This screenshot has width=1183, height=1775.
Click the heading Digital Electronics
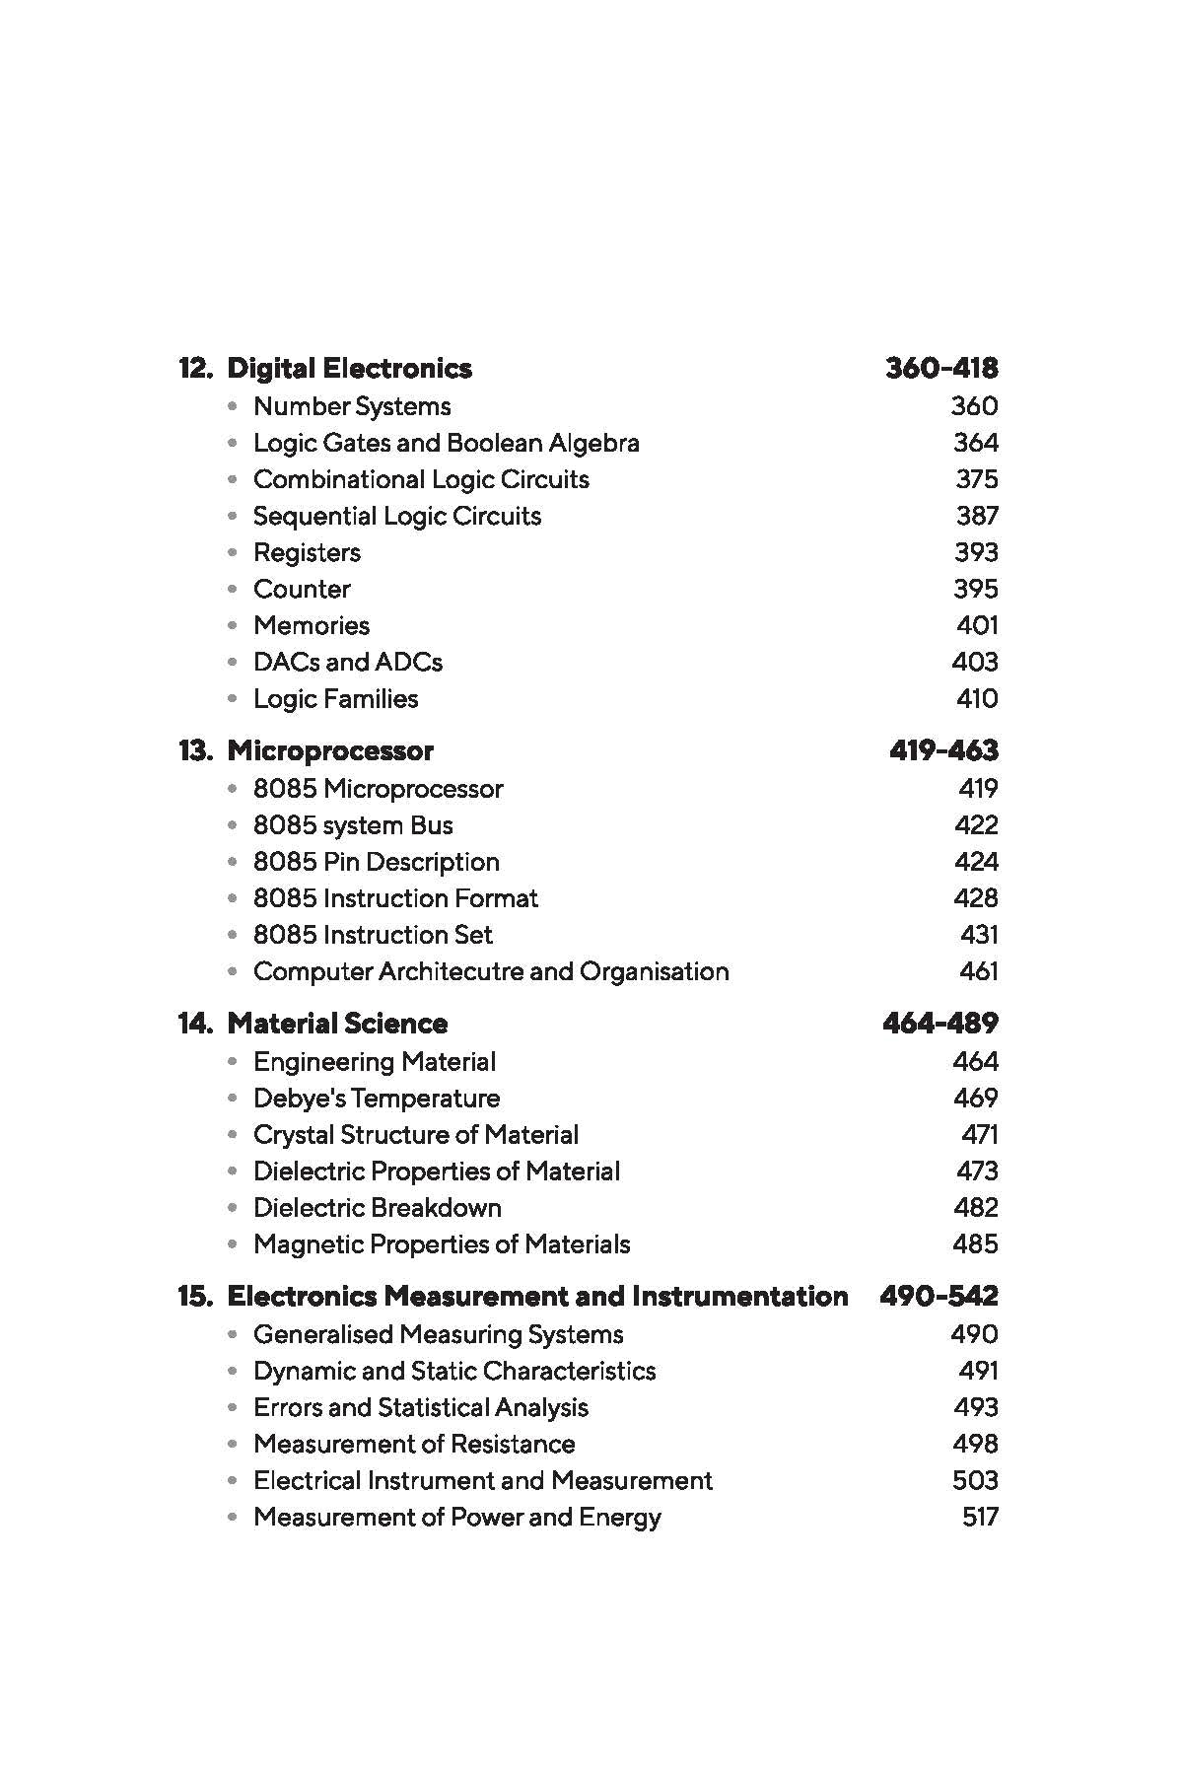click(349, 369)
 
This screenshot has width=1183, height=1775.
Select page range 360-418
click(941, 369)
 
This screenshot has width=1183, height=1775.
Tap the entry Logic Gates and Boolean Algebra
click(446, 443)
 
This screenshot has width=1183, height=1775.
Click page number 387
click(976, 516)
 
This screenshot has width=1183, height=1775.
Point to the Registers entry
click(307, 552)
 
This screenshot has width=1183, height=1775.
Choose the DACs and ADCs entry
click(347, 662)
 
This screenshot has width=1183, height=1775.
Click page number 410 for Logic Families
click(976, 699)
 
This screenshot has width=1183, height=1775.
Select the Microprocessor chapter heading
click(330, 751)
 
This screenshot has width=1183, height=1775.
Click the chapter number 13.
click(194, 751)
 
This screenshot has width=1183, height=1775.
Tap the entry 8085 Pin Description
click(376, 862)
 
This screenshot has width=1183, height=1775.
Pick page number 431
click(978, 935)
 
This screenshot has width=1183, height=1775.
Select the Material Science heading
click(337, 1024)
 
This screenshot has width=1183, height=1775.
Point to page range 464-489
click(939, 1024)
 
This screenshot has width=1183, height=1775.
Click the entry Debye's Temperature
click(376, 1099)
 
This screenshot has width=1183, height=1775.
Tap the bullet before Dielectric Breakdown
click(232, 1208)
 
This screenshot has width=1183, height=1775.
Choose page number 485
click(975, 1244)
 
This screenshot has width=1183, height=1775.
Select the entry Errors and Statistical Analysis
click(420, 1407)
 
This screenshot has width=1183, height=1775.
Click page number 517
click(979, 1518)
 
